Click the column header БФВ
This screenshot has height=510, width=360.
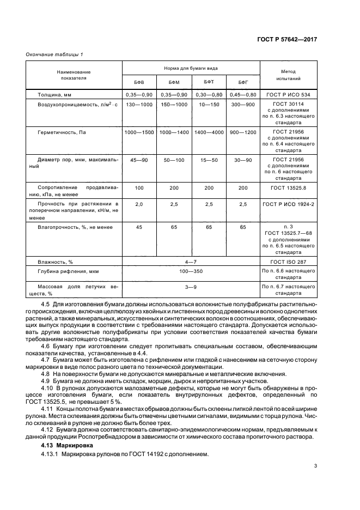tap(139, 82)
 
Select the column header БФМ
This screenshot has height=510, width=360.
tap(174, 82)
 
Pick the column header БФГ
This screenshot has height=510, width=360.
tap(243, 82)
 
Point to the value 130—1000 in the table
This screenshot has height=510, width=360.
tap(139, 104)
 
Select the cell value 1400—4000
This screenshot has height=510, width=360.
tap(209, 132)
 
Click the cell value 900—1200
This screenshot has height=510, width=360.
tap(243, 132)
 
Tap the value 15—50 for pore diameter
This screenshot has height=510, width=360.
tap(209, 160)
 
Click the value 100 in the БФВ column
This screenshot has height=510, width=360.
tap(139, 188)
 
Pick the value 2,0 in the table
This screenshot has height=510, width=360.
tap(139, 204)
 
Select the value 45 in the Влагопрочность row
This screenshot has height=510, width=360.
tap(139, 227)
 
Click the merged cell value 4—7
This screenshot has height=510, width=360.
tap(191, 262)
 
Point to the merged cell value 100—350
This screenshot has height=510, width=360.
tap(191, 271)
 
